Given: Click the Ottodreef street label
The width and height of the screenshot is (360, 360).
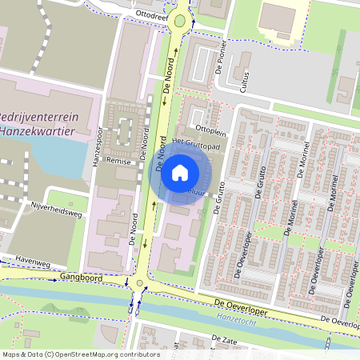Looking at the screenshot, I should tap(151, 14).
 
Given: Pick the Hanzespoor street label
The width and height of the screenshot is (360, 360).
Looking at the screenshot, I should tap(95, 150).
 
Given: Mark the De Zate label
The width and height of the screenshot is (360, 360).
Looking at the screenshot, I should tap(226, 339).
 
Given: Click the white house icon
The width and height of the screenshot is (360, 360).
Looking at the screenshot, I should tap(180, 172).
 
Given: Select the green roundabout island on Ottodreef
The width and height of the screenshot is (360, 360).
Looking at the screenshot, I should tap(180, 21).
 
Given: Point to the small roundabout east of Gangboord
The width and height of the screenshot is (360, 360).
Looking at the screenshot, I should tap(140, 283).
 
